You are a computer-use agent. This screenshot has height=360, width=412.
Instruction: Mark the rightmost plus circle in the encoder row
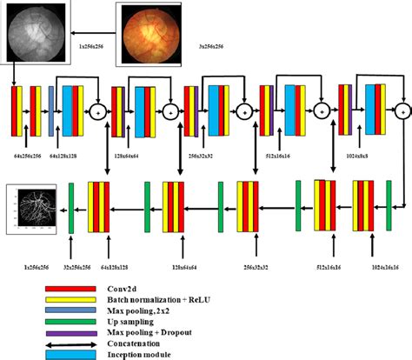[401, 110]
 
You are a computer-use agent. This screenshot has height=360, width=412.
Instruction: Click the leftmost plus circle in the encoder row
[97, 110]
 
